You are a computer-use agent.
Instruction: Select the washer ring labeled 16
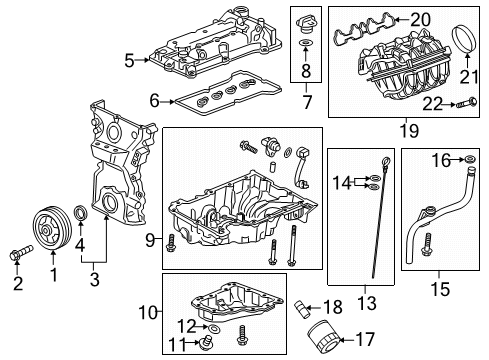pos(468,159)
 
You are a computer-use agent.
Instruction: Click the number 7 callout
pos(306,102)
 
